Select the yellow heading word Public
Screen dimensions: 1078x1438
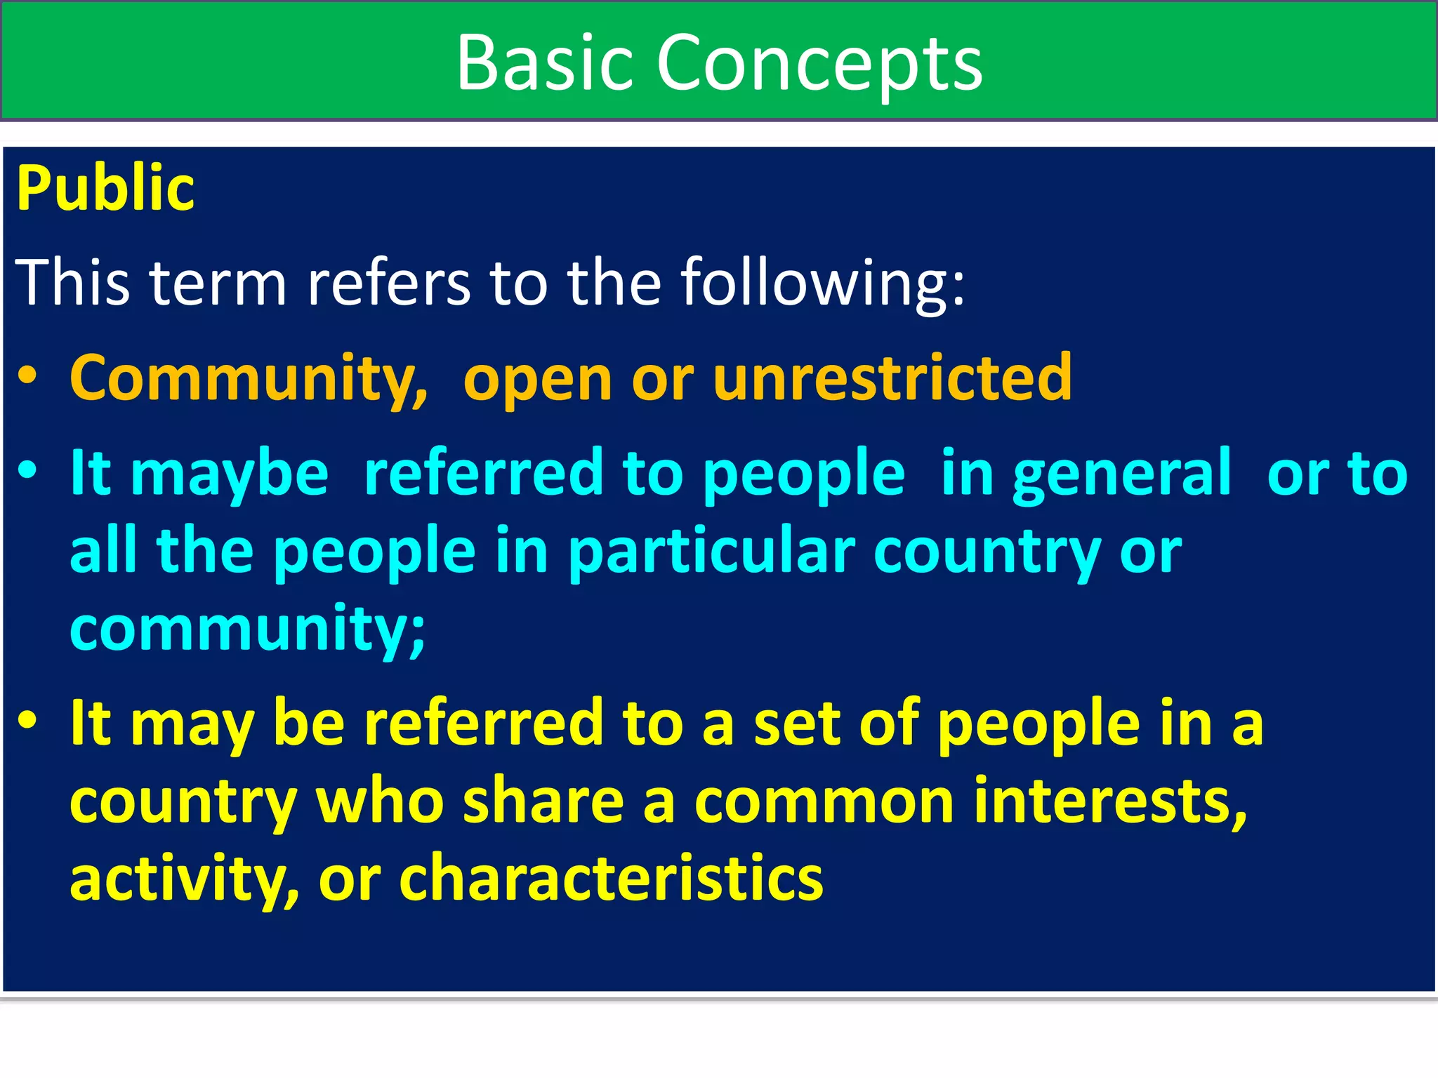coord(105,188)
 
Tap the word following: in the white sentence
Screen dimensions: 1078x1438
coord(823,283)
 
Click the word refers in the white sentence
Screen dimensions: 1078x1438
coord(389,283)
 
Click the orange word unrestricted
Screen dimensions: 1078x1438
coord(892,379)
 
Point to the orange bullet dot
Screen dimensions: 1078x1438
coord(27,375)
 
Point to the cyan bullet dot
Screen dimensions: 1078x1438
coord(27,470)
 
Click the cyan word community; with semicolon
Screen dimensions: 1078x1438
coord(248,630)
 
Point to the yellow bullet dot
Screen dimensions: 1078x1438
coord(27,720)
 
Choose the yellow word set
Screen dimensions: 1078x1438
coord(796,724)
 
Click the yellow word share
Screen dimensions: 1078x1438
coord(543,801)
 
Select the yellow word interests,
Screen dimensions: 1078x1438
coord(1111,801)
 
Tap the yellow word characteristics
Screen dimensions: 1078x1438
coord(611,879)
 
